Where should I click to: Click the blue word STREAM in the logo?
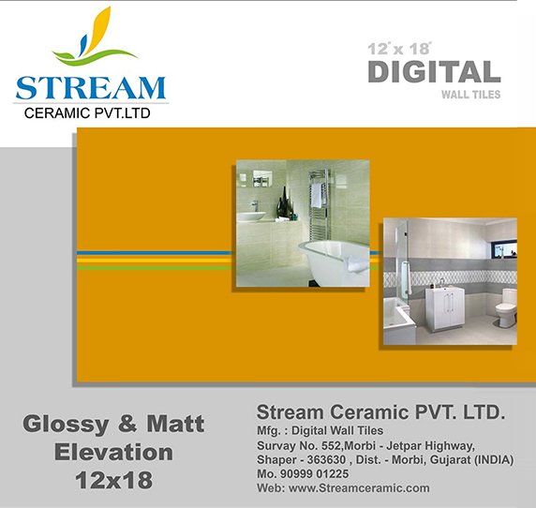coord(91,88)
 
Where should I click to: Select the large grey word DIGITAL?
coord(434,72)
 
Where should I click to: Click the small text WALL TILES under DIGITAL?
coord(470,95)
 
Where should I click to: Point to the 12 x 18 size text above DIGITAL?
coord(399,49)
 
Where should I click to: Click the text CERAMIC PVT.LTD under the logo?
coord(87,113)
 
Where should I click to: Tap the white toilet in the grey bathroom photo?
coord(506,307)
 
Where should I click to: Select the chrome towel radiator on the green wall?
coord(320,204)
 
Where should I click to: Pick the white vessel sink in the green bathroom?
coord(251,217)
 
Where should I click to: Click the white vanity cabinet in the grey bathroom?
coord(445,308)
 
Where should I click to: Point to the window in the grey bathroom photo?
coord(505,249)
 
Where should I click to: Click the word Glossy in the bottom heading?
coord(66,425)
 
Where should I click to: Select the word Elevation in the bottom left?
coord(113,452)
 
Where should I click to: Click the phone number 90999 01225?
coord(314,474)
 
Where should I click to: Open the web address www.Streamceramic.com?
coord(359,487)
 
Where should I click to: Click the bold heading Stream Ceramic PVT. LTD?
coord(380,412)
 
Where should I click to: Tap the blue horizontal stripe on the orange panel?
coord(154,253)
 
